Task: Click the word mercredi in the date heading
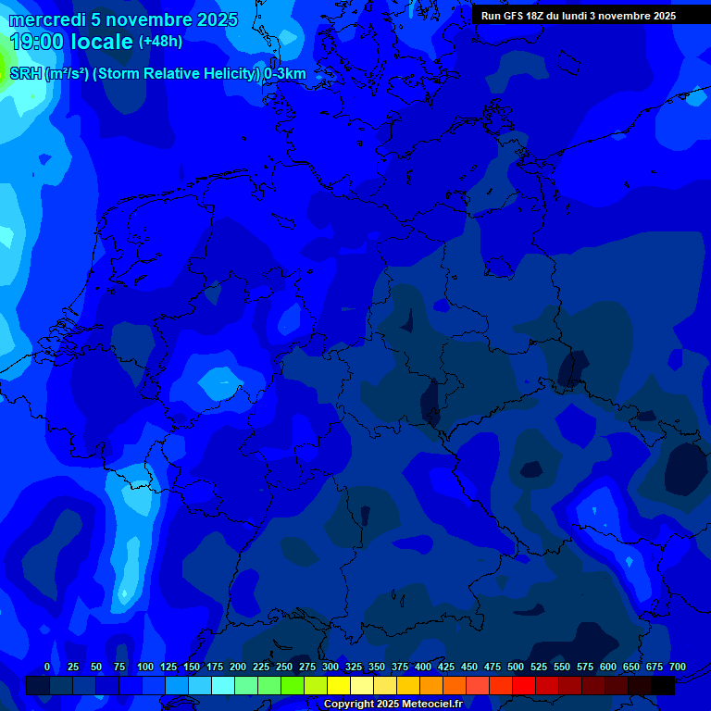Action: point(46,19)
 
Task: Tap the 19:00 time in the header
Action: point(37,42)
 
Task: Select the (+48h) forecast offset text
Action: point(161,42)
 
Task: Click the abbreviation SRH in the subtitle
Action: point(25,74)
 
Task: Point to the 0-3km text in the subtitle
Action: point(284,74)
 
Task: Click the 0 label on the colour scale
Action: point(47,667)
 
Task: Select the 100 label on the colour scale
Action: point(145,667)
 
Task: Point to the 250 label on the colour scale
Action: point(284,667)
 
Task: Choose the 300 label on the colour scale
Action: point(331,667)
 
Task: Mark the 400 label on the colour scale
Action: point(423,667)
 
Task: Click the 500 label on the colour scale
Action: point(516,667)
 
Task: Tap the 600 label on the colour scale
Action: point(608,667)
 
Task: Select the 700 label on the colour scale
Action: point(678,667)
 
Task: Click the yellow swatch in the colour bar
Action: point(339,685)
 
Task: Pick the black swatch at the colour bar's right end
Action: point(663,685)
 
